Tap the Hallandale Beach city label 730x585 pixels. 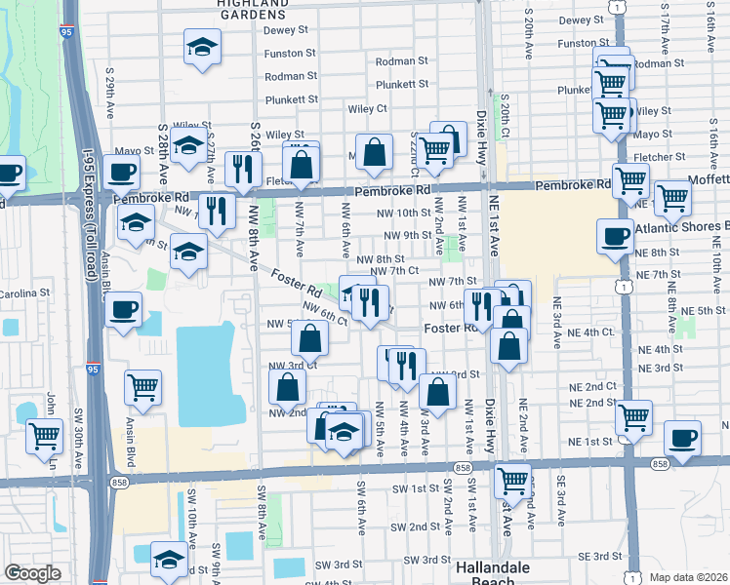coord(495,572)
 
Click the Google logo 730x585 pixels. coord(32,573)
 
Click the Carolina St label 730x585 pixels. coord(24,292)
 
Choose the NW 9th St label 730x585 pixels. coord(408,235)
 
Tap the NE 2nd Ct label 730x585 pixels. coord(591,386)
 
